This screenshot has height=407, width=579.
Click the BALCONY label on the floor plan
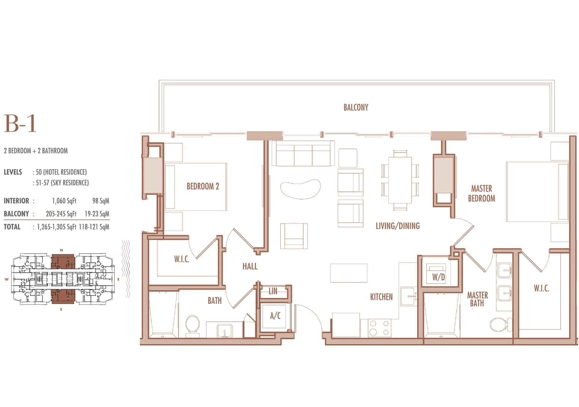pyautogui.click(x=356, y=108)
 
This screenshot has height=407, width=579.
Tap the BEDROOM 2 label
pyautogui.click(x=203, y=186)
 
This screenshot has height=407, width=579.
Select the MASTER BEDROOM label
pyautogui.click(x=482, y=194)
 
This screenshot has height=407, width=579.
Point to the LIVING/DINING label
pyautogui.click(x=398, y=226)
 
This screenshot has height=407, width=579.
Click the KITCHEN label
pyautogui.click(x=381, y=297)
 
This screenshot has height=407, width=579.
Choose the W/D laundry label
pyautogui.click(x=438, y=277)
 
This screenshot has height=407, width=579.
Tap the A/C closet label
pyautogui.click(x=275, y=316)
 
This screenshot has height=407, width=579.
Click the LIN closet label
pyautogui.click(x=273, y=291)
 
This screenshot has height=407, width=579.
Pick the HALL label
pyautogui.click(x=250, y=266)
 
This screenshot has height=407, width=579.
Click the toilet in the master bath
pyautogui.click(x=501, y=324)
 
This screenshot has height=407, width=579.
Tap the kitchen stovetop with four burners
pyautogui.click(x=379, y=328)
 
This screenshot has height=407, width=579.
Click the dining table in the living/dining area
pyautogui.click(x=400, y=180)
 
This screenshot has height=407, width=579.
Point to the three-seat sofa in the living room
pyautogui.click(x=303, y=153)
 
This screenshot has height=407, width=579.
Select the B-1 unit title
pyautogui.click(x=20, y=123)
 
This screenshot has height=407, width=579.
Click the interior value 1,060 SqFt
pyautogui.click(x=64, y=201)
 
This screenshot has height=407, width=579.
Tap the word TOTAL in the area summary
pyautogui.click(x=12, y=227)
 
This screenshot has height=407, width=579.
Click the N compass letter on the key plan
pyautogui.click(x=62, y=250)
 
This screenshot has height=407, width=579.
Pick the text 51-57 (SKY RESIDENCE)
pyautogui.click(x=62, y=183)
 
